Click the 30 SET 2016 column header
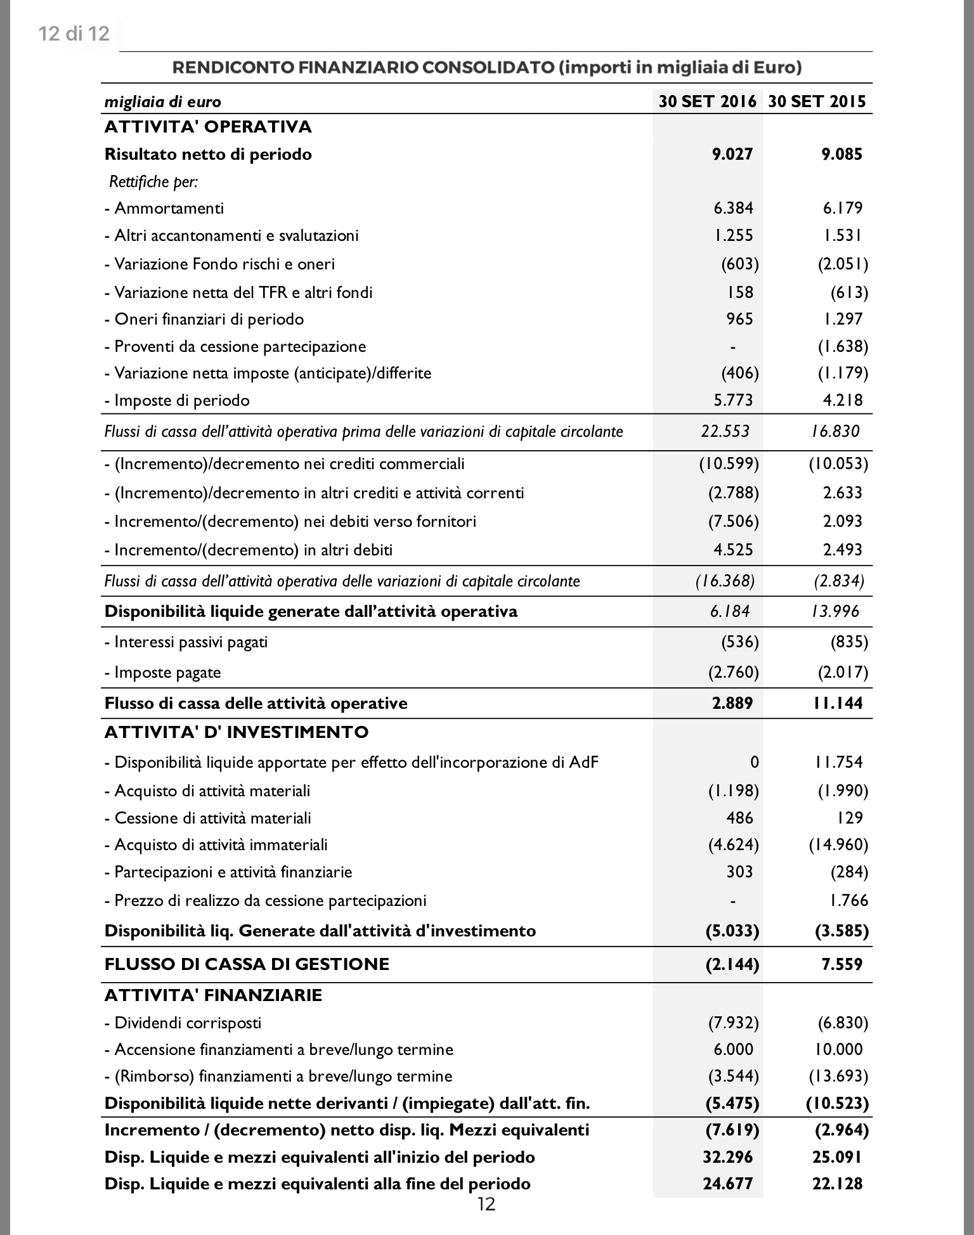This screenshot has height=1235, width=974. point(707,101)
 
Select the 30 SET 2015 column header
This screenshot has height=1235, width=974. point(817,101)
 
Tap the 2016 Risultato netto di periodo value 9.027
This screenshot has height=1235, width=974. point(732,154)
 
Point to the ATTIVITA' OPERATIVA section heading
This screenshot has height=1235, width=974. point(208,127)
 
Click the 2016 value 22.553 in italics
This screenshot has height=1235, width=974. point(725,431)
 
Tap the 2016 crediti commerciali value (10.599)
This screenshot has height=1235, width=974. point(729,463)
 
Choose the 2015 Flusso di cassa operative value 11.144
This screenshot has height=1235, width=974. point(838,703)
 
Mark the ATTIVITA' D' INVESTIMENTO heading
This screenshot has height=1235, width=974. point(236,732)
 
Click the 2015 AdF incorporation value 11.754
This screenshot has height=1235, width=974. point(838,762)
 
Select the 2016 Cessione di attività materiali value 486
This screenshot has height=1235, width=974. point(739,818)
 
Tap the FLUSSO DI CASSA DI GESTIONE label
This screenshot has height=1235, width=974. point(247,964)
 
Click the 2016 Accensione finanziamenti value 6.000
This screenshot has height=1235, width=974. point(733,1049)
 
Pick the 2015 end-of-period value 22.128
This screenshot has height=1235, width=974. point(837,1184)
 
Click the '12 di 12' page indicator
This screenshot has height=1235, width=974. point(74,33)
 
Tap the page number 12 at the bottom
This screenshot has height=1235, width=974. point(486,1204)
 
